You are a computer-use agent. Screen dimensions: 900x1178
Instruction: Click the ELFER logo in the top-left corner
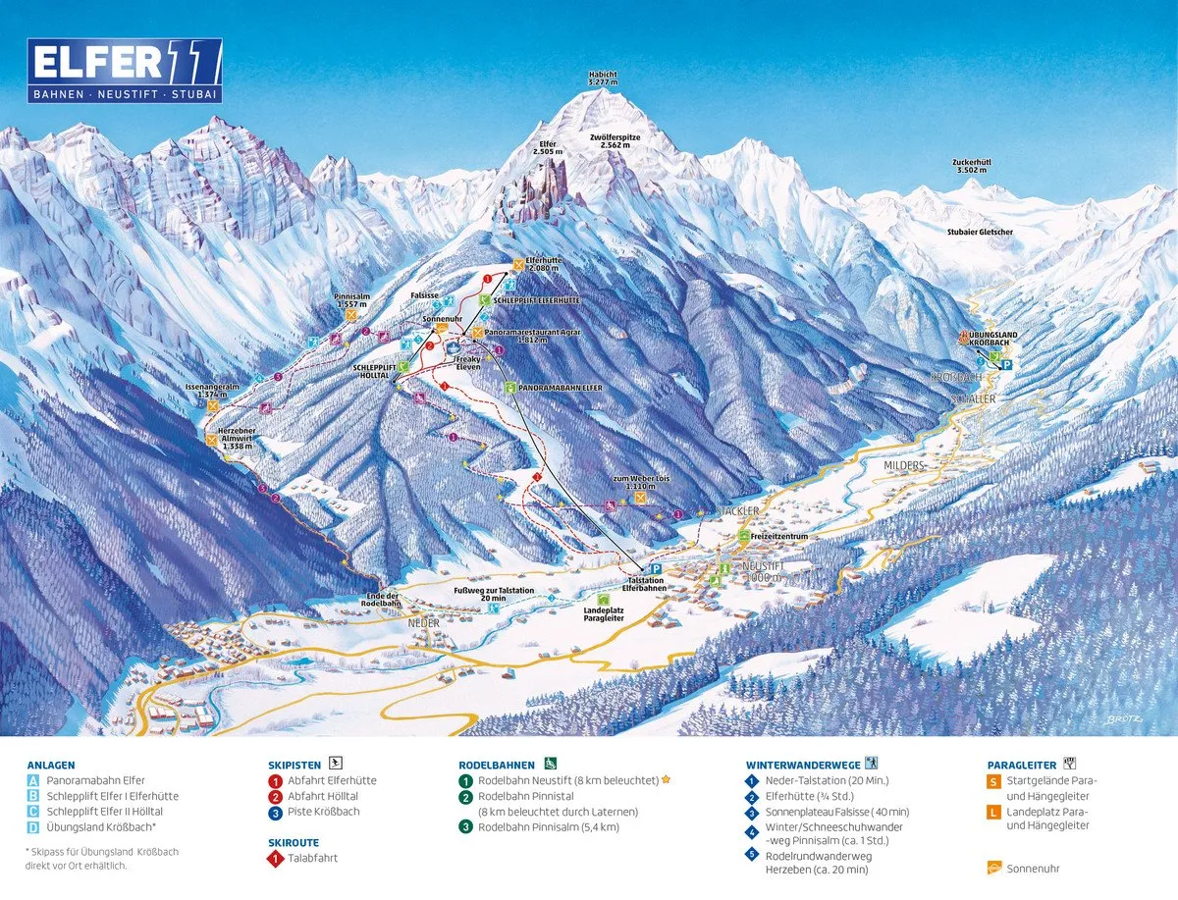click(x=125, y=72)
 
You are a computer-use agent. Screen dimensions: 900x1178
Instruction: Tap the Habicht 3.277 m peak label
click(x=603, y=79)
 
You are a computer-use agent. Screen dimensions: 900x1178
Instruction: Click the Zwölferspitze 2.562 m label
click(x=616, y=142)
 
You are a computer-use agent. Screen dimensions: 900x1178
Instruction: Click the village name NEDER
click(x=424, y=623)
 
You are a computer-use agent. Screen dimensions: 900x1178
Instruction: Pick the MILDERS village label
click(x=903, y=465)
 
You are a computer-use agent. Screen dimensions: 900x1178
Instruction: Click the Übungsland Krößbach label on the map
click(x=992, y=340)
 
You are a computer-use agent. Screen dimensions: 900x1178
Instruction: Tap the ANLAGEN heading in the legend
click(x=51, y=765)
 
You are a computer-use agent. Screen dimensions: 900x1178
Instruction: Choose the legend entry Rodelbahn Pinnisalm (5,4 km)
click(x=548, y=827)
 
